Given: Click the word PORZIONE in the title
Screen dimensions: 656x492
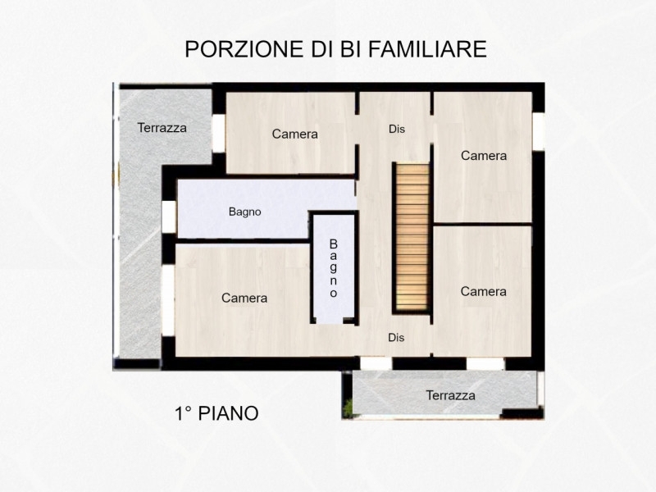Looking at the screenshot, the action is [244, 49].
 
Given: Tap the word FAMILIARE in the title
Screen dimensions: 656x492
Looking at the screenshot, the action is [427, 49].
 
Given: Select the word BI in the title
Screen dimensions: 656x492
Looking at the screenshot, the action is [350, 49].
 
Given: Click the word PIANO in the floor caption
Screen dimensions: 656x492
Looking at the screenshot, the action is [228, 413].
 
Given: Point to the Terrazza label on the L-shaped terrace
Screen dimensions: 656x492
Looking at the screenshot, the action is [162, 128].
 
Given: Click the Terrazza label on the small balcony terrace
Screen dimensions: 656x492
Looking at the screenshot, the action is [450, 395].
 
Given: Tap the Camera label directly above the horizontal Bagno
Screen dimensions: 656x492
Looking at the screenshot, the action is [295, 134].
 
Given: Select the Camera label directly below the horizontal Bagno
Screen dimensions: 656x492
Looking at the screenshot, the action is [244, 298].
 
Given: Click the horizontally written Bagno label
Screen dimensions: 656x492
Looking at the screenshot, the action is [244, 212].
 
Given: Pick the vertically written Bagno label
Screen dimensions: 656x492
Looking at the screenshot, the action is [334, 268].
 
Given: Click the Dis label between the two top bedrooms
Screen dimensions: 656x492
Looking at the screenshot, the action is [397, 129].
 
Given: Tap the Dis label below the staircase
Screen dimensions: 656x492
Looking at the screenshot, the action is [396, 337].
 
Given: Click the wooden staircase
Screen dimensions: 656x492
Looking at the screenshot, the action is [412, 237].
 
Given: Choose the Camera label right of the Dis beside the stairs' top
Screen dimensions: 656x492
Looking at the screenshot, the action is [484, 156].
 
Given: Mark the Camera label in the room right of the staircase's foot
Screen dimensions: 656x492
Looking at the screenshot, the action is [483, 291].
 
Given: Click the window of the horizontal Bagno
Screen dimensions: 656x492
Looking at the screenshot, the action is [169, 216].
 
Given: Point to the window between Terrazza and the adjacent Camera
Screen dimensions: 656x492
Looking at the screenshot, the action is [218, 133].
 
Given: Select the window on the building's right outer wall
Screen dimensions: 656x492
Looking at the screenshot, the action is [539, 131].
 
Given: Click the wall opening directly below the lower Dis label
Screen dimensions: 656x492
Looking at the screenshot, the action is [376, 363].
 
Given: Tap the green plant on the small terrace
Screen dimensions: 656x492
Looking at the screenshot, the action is [347, 408].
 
